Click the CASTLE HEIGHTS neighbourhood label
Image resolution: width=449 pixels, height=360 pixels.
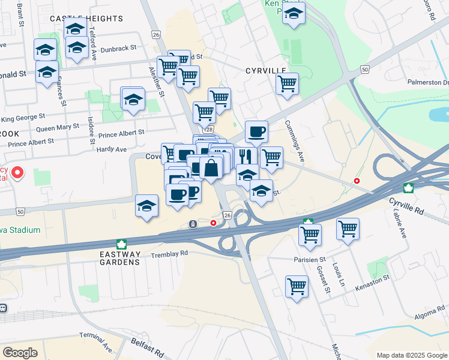coord(86,19)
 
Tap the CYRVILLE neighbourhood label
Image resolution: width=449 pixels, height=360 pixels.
coord(266,71)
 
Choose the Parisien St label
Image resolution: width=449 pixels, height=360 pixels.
coord(310,260)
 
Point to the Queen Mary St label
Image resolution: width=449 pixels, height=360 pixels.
coord(58,128)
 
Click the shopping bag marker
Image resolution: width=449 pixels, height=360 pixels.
coord(211,169)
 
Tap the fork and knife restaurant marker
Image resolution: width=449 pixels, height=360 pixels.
coord(246,157)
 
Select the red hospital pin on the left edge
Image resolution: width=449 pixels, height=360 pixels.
coord(17,173)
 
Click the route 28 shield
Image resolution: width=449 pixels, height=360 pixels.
coord(209,130)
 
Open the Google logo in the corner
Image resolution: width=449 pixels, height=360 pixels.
coord(20,353)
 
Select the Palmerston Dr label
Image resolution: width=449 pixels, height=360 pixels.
coord(428,82)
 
